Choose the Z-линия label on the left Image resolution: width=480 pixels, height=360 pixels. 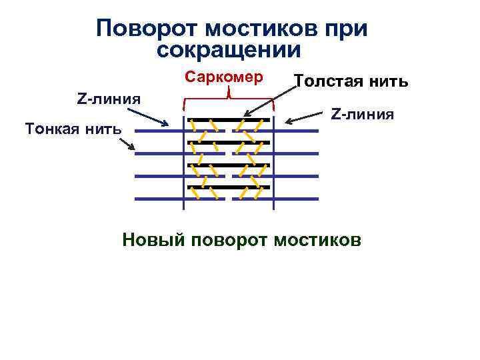[x=109, y=99]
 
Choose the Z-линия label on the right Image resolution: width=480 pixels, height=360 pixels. [x=363, y=114]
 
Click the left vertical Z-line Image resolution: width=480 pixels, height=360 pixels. [x=184, y=160]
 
